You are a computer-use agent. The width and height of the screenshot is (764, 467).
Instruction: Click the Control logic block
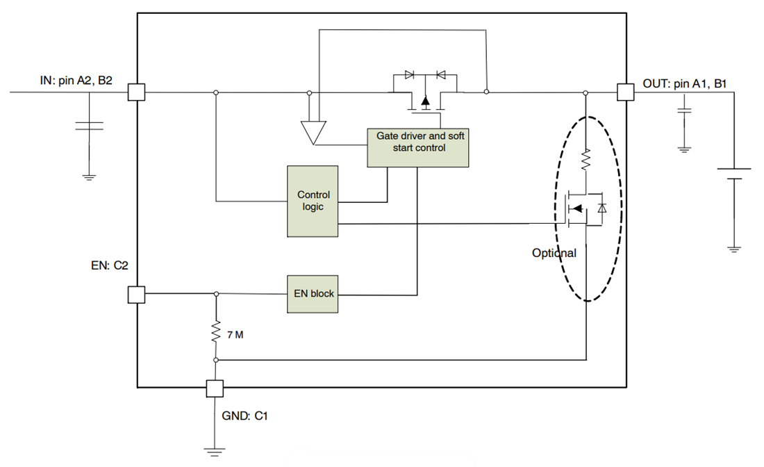pos(313,201)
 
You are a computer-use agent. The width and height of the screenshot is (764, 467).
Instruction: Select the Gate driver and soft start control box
pos(418,147)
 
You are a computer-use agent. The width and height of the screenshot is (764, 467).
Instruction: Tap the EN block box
pos(313,294)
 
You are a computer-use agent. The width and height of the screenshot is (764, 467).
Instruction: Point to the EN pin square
pos(137,294)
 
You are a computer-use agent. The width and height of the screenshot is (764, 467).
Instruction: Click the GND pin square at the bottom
pos(215,388)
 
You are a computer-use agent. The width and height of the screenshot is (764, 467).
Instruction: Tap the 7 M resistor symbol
pos(216,333)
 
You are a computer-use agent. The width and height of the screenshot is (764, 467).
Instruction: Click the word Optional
pos(554,253)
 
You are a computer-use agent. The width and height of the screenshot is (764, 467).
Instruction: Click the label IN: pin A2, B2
pos(76,81)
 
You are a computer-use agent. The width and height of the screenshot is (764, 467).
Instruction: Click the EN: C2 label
pos(110,265)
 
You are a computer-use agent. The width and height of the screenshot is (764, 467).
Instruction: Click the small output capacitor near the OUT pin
pos(684,110)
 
